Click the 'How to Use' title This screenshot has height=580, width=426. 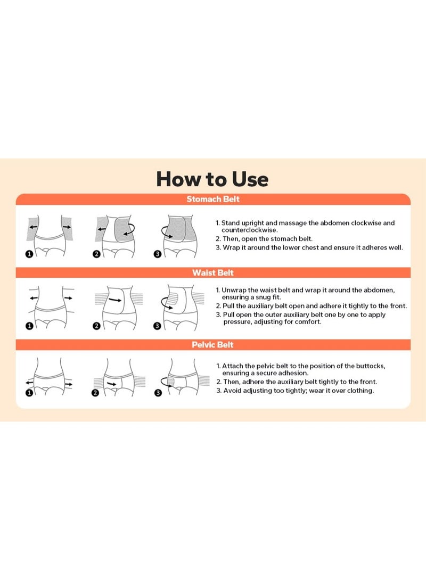(212, 179)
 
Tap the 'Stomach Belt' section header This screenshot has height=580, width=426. (213, 199)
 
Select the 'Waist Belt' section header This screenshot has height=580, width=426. (213, 272)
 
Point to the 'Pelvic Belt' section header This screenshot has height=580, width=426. (212, 345)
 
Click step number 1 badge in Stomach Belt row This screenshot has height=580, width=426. (29, 254)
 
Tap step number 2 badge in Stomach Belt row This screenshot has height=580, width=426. (96, 254)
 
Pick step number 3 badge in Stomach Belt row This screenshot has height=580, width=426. (157, 254)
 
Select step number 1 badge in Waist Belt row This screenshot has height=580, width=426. (29, 326)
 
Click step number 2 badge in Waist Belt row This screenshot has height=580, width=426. (96, 326)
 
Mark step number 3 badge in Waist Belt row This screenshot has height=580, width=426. (157, 326)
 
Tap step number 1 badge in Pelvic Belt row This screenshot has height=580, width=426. (29, 393)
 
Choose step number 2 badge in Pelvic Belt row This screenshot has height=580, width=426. (95, 393)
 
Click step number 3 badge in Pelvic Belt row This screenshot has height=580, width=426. (158, 393)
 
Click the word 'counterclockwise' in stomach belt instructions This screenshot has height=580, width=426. (249, 230)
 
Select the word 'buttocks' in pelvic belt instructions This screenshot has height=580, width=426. (370, 366)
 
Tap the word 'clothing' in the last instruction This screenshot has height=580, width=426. (360, 391)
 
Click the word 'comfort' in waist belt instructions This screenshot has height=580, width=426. (307, 322)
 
